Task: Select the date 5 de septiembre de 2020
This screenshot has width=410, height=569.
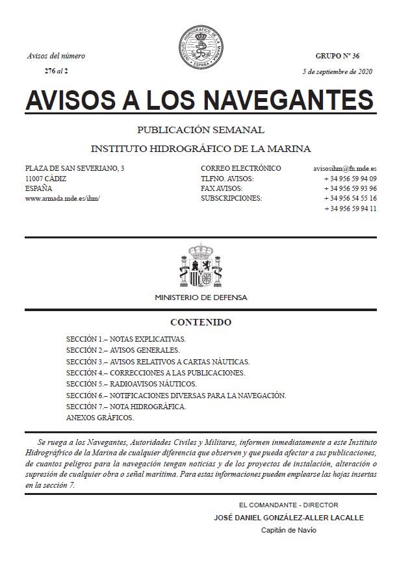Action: (x=338, y=71)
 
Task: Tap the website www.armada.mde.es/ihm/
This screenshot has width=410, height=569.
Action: (x=62, y=198)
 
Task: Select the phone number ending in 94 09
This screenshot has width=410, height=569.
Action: (x=351, y=179)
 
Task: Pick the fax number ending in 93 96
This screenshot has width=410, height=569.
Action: (x=351, y=188)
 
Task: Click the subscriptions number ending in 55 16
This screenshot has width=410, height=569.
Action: (x=351, y=198)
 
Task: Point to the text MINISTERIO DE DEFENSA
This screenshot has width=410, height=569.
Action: (x=201, y=297)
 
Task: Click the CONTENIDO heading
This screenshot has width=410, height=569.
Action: (x=201, y=322)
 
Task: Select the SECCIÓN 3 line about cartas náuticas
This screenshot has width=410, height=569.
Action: (x=158, y=361)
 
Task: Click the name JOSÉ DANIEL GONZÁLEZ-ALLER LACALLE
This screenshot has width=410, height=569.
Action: (x=288, y=518)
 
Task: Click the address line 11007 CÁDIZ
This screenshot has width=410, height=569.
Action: (x=45, y=179)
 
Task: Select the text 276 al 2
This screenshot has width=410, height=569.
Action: (x=56, y=71)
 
